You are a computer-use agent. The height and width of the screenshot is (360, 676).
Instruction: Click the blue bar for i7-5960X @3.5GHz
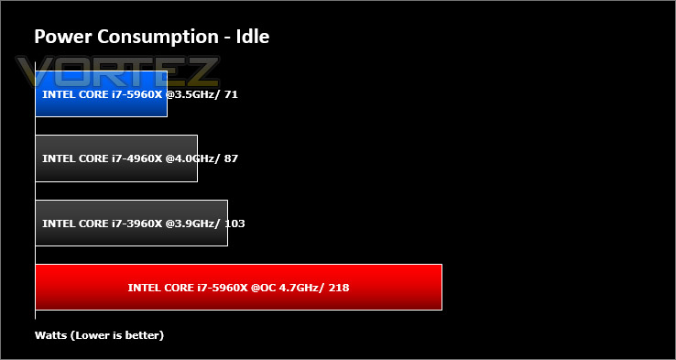pyautogui.click(x=101, y=93)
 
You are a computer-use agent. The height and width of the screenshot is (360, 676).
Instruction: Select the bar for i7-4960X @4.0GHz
pyautogui.click(x=116, y=158)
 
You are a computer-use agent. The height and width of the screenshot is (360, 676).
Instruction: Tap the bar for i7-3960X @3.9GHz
pyautogui.click(x=132, y=223)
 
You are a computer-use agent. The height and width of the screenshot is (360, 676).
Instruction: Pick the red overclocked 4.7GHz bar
pyautogui.click(x=238, y=287)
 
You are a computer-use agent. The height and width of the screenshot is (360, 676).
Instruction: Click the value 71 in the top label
pyautogui.click(x=231, y=94)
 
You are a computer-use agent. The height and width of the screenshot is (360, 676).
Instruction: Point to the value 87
pyautogui.click(x=231, y=158)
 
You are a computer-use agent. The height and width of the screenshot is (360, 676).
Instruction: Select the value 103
pyautogui.click(x=234, y=224)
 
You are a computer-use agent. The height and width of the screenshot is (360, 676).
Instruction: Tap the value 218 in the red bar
pyautogui.click(x=339, y=288)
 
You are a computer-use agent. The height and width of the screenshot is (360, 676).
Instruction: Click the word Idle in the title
pyautogui.click(x=253, y=37)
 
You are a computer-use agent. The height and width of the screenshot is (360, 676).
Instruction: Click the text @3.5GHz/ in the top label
pyautogui.click(x=193, y=94)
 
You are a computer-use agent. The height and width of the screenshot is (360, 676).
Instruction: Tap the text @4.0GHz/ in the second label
pyautogui.click(x=193, y=158)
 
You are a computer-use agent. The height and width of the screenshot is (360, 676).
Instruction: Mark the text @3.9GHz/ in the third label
pyautogui.click(x=193, y=224)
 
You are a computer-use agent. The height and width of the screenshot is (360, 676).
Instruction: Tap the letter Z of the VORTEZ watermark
pyautogui.click(x=202, y=71)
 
